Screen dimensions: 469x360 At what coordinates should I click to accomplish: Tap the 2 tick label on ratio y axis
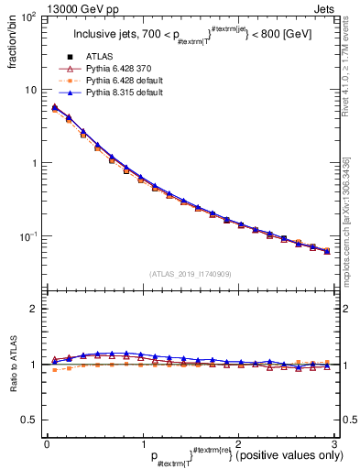(35, 309)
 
